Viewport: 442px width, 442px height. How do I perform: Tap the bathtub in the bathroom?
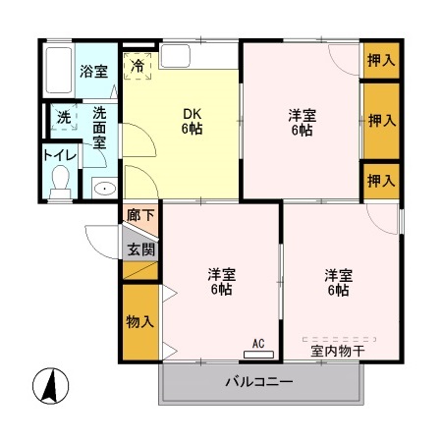(58, 71)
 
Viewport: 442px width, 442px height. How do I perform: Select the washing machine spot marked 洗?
(64, 117)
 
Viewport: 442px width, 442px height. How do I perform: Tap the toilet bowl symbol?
(60, 180)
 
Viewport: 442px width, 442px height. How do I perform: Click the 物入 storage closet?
(139, 321)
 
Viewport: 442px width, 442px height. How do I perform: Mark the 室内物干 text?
(338, 351)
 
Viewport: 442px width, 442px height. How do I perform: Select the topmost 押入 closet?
(380, 60)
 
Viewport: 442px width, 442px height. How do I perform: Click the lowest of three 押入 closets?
(380, 180)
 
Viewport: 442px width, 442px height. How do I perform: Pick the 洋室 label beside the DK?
(300, 121)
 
